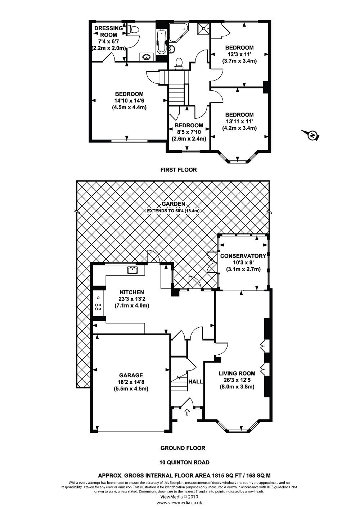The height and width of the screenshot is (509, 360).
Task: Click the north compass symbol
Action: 312,135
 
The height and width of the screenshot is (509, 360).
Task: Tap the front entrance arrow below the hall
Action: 187,412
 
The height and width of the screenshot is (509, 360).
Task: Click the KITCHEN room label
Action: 132,292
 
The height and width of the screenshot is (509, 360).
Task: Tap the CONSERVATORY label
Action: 243,256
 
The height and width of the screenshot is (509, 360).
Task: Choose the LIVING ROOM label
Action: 237,373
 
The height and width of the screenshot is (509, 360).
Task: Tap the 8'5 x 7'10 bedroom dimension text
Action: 189,132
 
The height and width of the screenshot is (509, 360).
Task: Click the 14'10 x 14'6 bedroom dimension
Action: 129,101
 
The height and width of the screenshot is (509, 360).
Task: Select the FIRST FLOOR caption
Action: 179,169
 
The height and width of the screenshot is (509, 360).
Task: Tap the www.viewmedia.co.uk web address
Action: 179,503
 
